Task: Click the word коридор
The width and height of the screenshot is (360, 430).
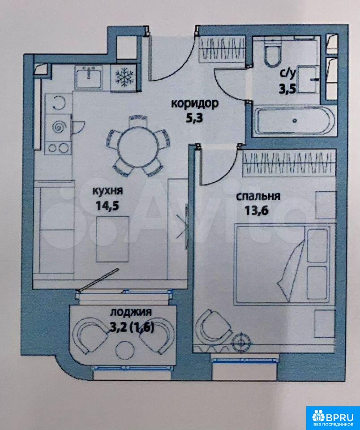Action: pyautogui.click(x=195, y=104)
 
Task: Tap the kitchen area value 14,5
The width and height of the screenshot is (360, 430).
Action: pyautogui.click(x=107, y=206)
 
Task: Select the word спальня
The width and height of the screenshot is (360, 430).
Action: pyautogui.click(x=258, y=196)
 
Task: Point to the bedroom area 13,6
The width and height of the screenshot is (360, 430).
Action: pyautogui.click(x=256, y=211)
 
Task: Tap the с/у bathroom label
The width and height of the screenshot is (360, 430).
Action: pyautogui.click(x=287, y=74)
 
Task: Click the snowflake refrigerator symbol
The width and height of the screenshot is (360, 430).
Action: pyautogui.click(x=124, y=77)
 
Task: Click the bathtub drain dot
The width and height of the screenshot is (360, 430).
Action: pyautogui.click(x=295, y=120)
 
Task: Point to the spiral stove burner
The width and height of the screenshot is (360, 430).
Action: pyautogui.click(x=59, y=127)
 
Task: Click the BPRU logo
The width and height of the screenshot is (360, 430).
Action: pyautogui.click(x=333, y=417)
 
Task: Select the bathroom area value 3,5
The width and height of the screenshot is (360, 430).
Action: pyautogui.click(x=287, y=89)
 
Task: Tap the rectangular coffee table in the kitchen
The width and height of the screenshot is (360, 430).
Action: pyautogui.click(x=112, y=239)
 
